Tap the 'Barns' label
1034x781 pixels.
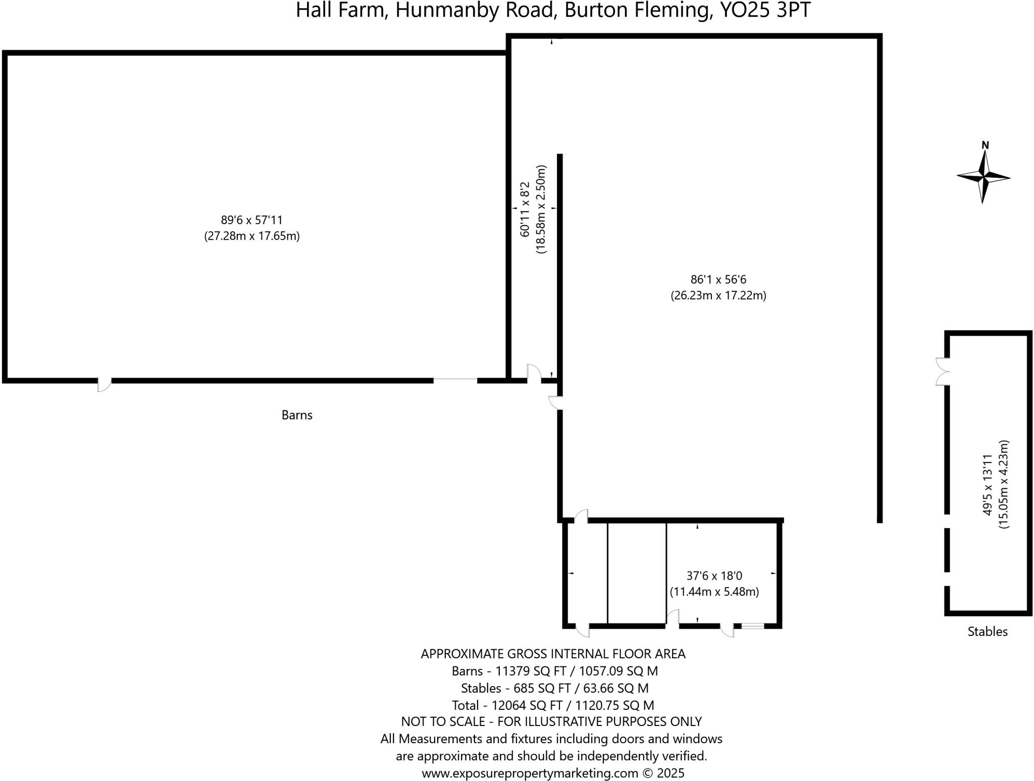click(x=297, y=415)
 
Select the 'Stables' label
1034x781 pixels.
click(x=987, y=632)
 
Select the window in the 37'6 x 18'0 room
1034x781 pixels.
click(x=753, y=626)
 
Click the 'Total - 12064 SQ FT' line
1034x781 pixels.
click(x=553, y=705)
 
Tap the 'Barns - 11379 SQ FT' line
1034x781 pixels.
click(x=554, y=671)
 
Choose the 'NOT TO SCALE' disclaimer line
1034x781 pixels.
click(x=551, y=722)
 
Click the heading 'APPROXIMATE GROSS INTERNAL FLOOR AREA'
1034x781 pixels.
click(x=553, y=654)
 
